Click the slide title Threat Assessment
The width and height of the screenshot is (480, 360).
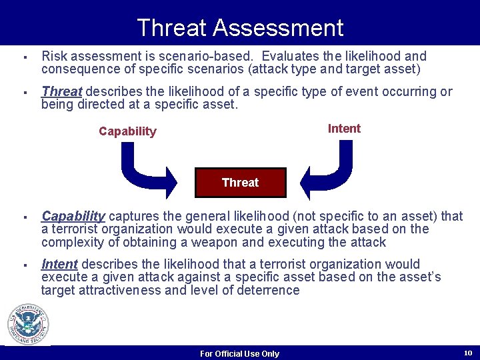click(240, 28)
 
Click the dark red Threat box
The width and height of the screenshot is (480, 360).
click(240, 183)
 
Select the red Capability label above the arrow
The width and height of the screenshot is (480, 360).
click(127, 131)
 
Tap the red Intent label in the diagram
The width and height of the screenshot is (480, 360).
click(344, 129)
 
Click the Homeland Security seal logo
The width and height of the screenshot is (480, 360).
click(28, 325)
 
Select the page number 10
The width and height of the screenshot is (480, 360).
click(467, 352)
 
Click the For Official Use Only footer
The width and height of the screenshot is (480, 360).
click(240, 353)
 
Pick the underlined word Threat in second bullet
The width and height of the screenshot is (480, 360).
click(61, 91)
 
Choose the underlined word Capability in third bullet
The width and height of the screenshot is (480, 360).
click(73, 216)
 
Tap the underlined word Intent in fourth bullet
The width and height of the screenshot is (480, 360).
click(59, 264)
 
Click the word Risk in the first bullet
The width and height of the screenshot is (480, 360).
click(54, 56)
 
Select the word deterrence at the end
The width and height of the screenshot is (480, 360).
click(269, 290)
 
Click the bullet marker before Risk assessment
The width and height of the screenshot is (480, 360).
click(23, 57)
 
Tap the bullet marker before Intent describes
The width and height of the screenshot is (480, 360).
click(23, 265)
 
